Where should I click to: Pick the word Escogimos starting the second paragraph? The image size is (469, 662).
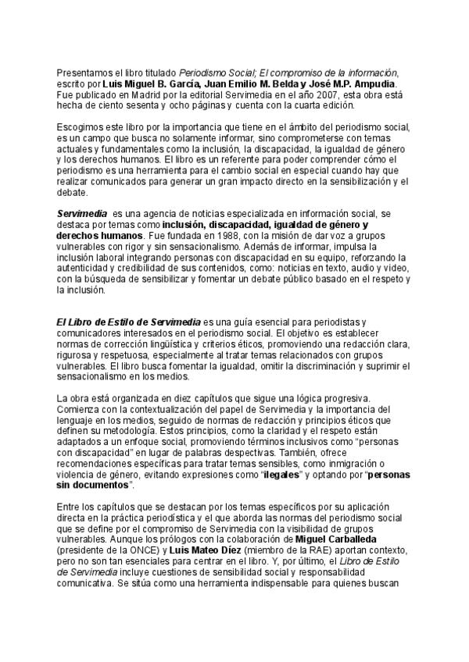tap(82, 127)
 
